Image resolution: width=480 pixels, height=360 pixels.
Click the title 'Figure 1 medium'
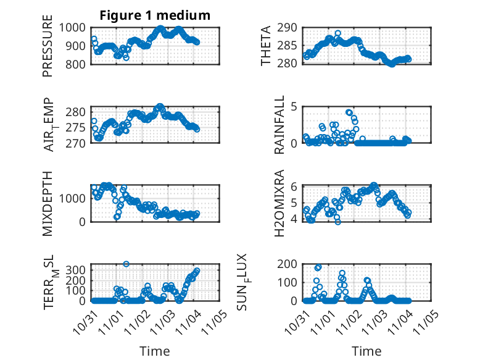click(x=155, y=15)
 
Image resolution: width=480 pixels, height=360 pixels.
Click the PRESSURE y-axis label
click(x=48, y=50)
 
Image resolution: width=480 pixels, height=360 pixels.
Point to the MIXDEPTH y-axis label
click(x=48, y=204)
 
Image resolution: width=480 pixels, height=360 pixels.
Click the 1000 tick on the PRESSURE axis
click(x=76, y=27)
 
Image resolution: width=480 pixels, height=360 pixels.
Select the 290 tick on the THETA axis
click(x=291, y=27)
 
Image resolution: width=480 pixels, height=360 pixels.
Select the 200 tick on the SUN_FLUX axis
click(x=291, y=264)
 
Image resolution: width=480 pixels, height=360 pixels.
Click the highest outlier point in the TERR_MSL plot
click(x=126, y=264)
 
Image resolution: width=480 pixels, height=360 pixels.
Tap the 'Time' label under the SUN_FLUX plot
click(x=366, y=351)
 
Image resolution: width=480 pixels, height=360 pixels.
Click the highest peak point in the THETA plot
click(x=337, y=33)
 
